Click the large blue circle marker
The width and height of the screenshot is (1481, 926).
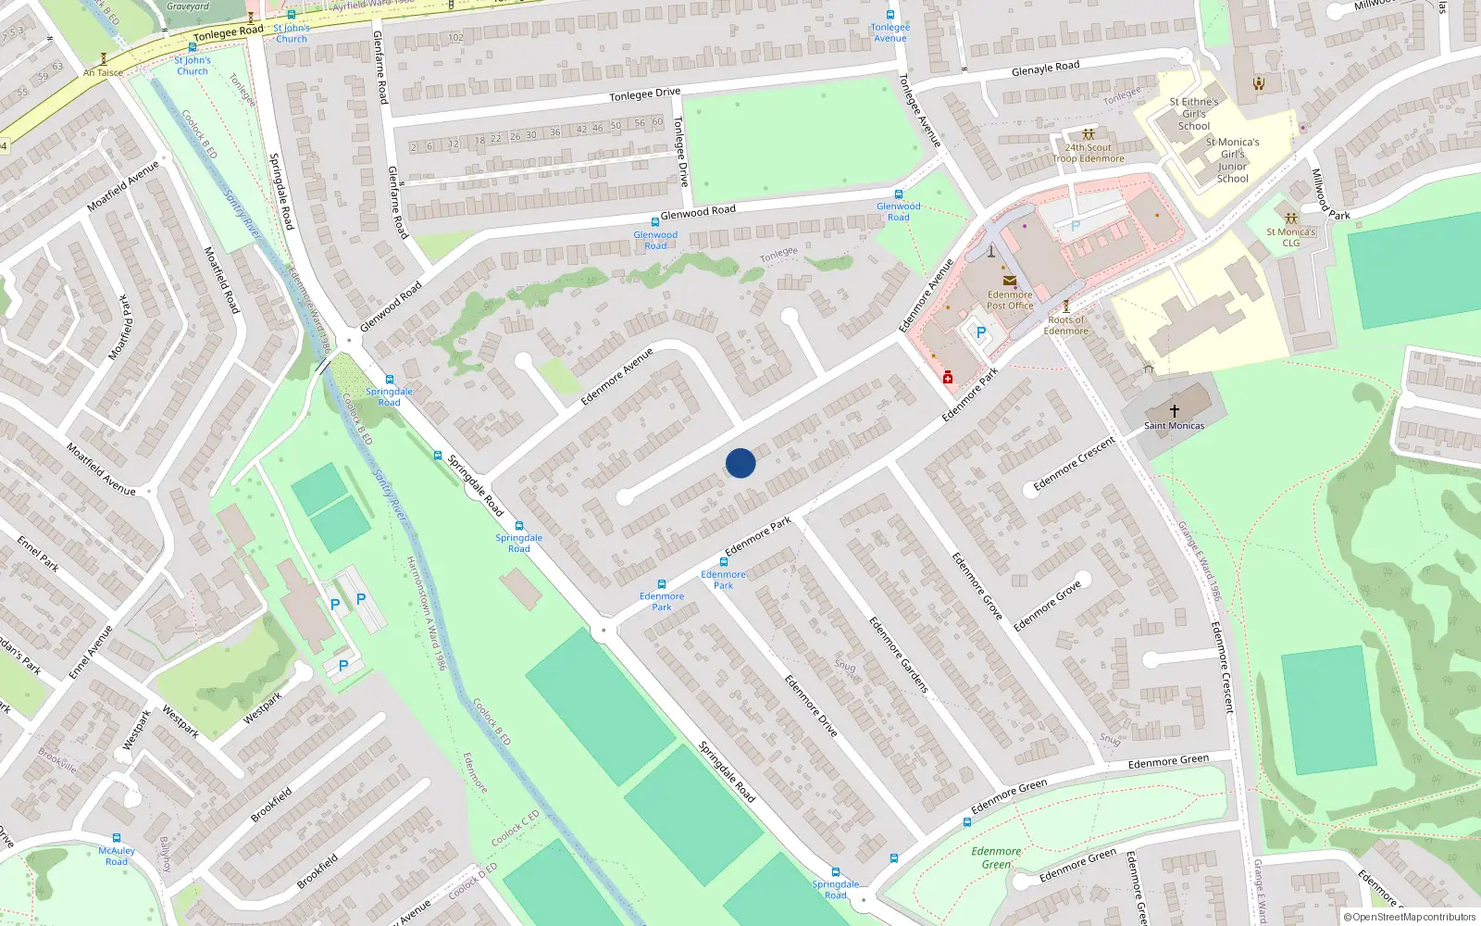point(740,463)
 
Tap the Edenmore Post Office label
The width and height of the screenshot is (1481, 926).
point(1009,300)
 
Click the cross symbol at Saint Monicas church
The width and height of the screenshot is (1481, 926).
point(1175,410)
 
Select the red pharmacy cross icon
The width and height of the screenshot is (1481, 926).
point(948,377)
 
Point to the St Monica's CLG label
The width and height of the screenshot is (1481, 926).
point(1290,237)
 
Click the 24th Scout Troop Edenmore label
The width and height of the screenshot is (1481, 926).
point(1088,153)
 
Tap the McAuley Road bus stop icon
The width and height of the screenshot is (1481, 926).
point(117,838)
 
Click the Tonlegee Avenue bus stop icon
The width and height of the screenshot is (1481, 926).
point(890,15)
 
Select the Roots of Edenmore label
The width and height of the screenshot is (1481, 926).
point(1065,325)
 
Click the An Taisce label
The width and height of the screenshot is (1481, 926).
point(103,72)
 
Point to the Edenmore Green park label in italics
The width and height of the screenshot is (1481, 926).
point(996,857)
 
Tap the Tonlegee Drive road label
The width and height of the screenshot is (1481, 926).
point(644,94)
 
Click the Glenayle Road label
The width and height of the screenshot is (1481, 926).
point(1045,69)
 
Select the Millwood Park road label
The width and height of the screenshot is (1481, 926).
point(1329,194)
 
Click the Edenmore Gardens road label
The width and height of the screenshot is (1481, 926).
point(898,655)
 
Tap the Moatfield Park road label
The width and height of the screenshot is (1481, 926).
point(122,326)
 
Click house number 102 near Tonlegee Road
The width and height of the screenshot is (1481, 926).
point(455,38)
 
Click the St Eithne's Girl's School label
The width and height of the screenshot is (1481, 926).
point(1193,114)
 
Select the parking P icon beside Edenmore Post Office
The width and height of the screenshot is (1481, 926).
point(980,332)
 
